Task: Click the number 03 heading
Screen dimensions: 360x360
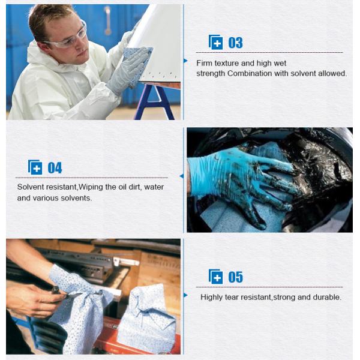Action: tap(235, 43)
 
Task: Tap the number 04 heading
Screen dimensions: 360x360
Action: tap(55, 168)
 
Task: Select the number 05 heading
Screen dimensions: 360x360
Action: tap(235, 277)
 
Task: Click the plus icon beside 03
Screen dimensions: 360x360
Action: tap(215, 42)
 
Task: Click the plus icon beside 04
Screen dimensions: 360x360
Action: tap(35, 167)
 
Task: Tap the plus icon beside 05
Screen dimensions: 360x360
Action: tap(215, 276)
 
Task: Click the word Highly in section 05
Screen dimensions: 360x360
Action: tap(212, 297)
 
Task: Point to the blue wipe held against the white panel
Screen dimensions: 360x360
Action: tap(137, 57)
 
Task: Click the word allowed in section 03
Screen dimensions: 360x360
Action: tap(334, 73)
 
